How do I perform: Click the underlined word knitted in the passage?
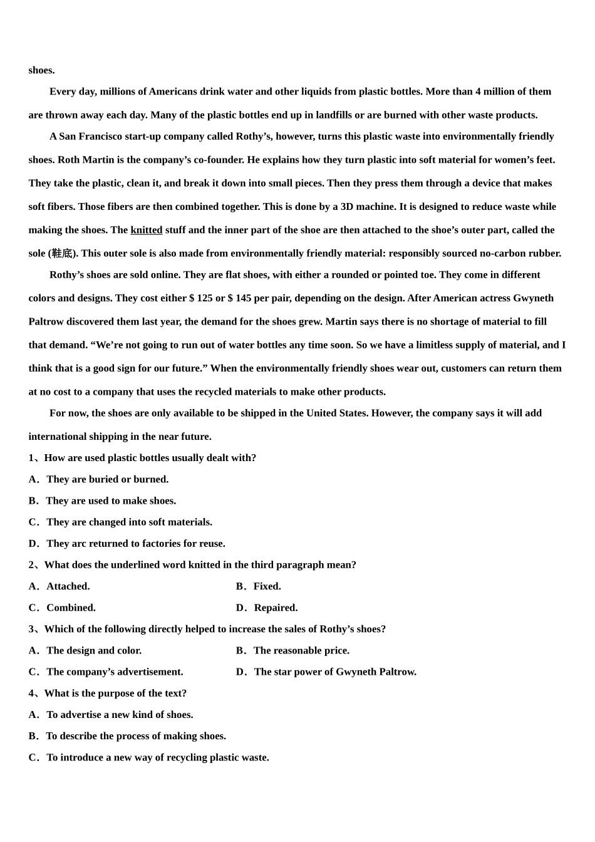point(146,230)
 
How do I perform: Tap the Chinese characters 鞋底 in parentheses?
point(62,254)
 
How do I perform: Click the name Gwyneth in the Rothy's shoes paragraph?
point(533,298)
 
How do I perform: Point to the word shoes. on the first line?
point(41,70)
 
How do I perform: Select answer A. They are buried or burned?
point(98,479)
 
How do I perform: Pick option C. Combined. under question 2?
point(62,608)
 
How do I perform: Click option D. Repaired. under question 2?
point(267,608)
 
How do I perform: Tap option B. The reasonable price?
point(292,650)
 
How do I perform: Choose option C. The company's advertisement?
point(106,672)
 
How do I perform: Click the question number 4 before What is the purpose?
point(31,693)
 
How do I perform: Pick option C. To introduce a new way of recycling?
point(148,757)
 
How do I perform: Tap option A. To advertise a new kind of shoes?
point(111,715)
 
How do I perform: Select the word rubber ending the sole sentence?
point(546,254)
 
